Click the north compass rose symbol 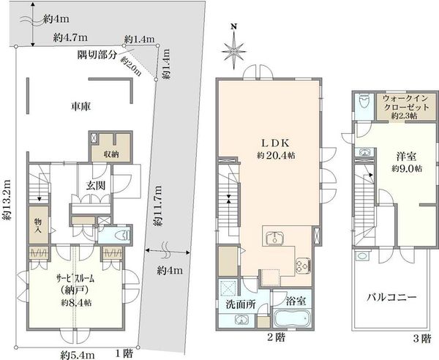point(234,51)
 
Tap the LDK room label point(275,143)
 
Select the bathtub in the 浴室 point(292,318)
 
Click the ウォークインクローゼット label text point(406,102)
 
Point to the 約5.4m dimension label point(78,355)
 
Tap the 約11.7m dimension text point(158,206)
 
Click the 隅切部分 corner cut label point(97,55)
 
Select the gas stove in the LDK point(303,265)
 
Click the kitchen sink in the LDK point(275,239)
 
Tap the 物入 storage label point(38,226)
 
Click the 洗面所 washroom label point(241,304)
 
